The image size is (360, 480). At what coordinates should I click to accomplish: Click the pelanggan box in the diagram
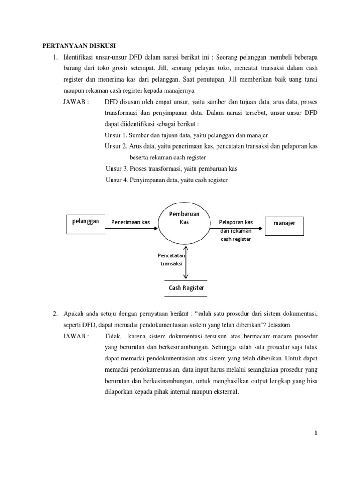(x=86, y=222)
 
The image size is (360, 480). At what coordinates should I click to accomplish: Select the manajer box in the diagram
(x=284, y=224)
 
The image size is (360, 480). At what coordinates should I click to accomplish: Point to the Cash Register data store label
(x=187, y=288)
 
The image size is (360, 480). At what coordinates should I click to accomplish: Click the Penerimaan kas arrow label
(x=130, y=222)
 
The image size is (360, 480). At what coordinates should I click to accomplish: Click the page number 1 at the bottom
(x=316, y=433)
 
